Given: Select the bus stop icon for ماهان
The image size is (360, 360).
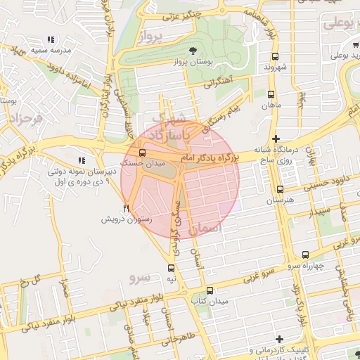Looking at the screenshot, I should click(271, 94).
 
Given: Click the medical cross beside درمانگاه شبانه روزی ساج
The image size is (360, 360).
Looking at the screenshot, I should click(276, 139).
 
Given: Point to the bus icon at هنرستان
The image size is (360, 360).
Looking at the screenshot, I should click(280, 189).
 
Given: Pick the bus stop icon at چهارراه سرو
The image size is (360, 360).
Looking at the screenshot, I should click(305, 255).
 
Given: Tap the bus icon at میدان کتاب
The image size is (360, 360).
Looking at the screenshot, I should click(210, 290).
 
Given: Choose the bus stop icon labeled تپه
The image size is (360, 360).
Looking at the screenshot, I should click(172, 268).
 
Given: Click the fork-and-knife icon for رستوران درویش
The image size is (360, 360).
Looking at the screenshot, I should click(127, 208).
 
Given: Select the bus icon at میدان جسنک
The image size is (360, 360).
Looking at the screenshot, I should click(143, 152).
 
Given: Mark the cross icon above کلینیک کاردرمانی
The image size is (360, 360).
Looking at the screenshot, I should click(281, 339).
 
